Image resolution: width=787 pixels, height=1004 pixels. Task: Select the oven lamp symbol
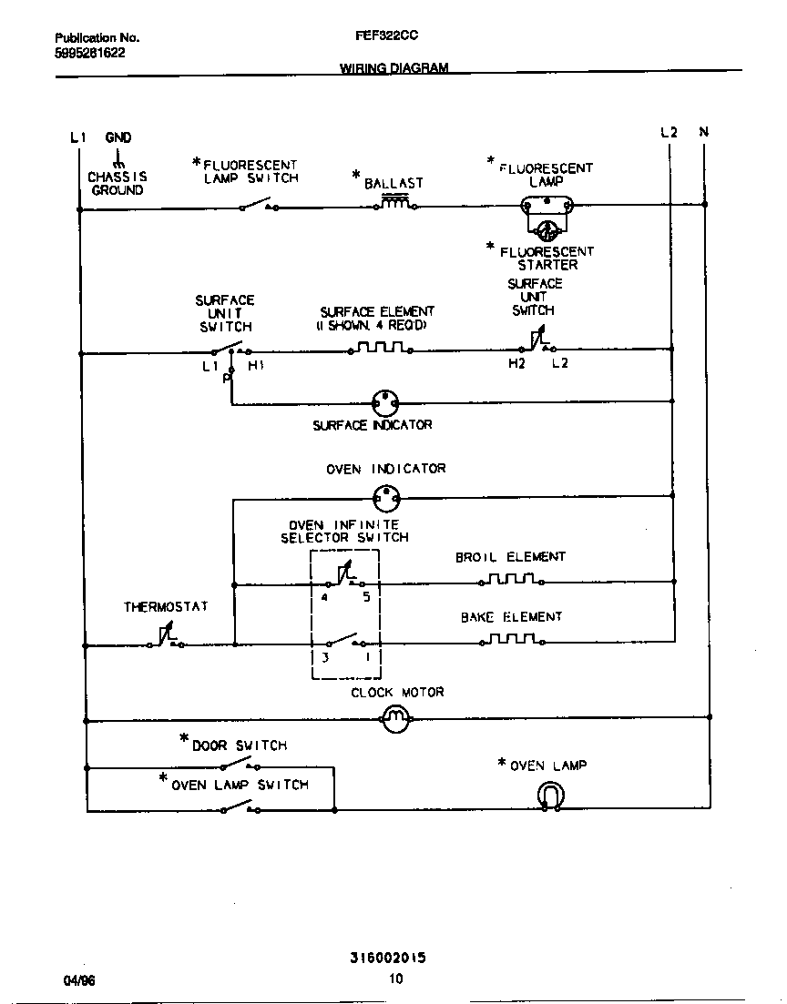click(x=550, y=797)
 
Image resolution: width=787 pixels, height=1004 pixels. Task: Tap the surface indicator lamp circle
click(x=386, y=401)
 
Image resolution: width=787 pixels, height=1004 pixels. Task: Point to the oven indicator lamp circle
click(x=386, y=497)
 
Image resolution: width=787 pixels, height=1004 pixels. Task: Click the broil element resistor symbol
click(x=511, y=579)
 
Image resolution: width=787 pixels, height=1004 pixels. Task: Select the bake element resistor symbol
click(x=511, y=639)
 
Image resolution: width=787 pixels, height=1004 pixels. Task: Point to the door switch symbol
click(x=241, y=765)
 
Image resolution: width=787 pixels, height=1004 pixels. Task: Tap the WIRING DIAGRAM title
click(x=393, y=68)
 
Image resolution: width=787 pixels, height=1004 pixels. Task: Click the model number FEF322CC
click(x=386, y=37)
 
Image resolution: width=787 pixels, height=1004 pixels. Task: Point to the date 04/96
click(x=79, y=980)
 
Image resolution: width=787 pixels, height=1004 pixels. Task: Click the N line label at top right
click(x=704, y=132)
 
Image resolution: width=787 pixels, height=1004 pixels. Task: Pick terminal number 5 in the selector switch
click(x=366, y=598)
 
